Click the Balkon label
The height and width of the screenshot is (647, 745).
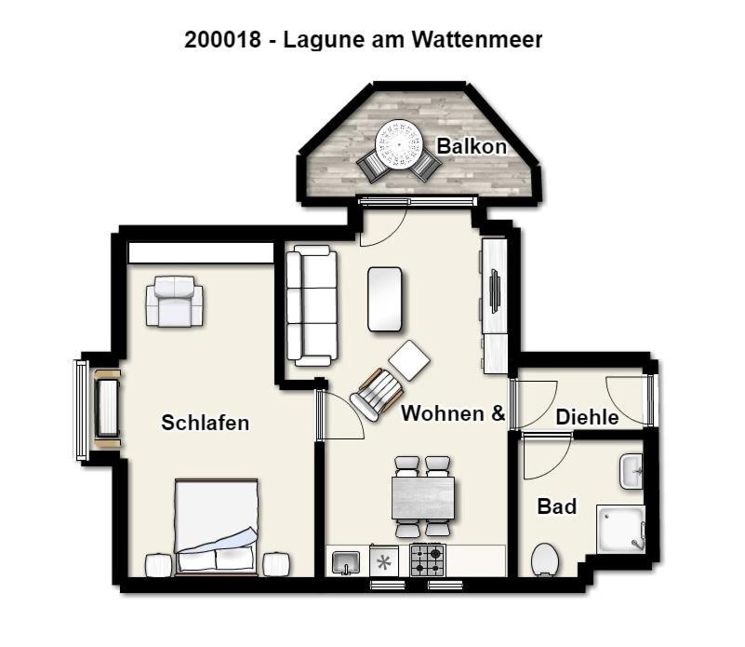pyautogui.click(x=472, y=146)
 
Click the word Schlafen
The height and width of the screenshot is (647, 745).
pyautogui.click(x=205, y=423)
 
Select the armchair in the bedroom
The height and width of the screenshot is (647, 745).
pyautogui.click(x=175, y=302)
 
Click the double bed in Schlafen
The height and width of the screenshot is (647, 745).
pyautogui.click(x=216, y=526)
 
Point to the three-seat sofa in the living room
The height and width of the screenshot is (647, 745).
pyautogui.click(x=312, y=305)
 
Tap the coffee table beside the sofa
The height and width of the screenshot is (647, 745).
pyautogui.click(x=385, y=299)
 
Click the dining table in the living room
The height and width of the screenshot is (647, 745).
pyautogui.click(x=423, y=498)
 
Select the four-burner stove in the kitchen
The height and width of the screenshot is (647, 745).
pyautogui.click(x=428, y=559)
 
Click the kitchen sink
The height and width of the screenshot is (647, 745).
pyautogui.click(x=346, y=563)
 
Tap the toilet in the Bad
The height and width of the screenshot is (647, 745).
pyautogui.click(x=545, y=559)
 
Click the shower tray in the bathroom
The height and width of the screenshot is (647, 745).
pyautogui.click(x=620, y=530)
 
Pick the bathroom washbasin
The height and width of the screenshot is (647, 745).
pyautogui.click(x=632, y=471)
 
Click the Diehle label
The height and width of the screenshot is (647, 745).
pyautogui.click(x=587, y=417)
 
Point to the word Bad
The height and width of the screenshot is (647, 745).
pyautogui.click(x=557, y=506)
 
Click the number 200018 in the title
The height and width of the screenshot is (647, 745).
pyautogui.click(x=222, y=39)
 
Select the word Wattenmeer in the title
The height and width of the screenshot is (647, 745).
pyautogui.click(x=476, y=39)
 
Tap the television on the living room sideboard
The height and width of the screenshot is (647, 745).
pyautogui.click(x=494, y=291)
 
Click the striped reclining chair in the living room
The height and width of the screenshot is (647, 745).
pyautogui.click(x=377, y=394)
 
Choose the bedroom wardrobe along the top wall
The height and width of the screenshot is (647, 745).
pyautogui.click(x=201, y=253)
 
